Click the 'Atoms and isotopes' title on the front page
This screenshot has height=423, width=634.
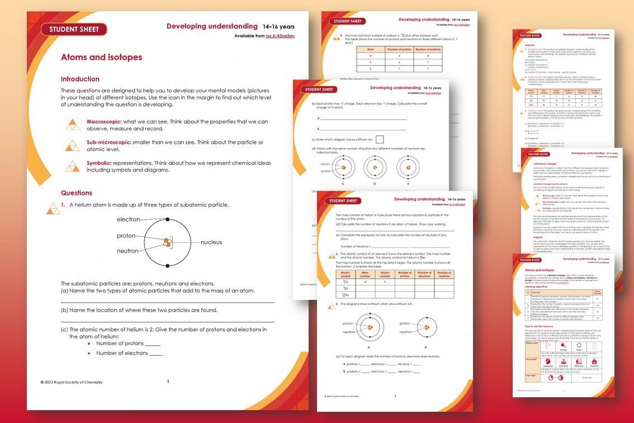pyautogui.click(x=101, y=57)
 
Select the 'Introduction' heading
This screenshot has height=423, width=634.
pyautogui.click(x=80, y=79)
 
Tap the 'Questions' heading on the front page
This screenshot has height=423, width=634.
pyautogui.click(x=77, y=193)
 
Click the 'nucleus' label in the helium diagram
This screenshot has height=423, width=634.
pyautogui.click(x=211, y=242)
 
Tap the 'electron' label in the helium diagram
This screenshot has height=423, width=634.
pyautogui.click(x=128, y=219)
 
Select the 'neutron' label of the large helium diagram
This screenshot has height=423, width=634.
pyautogui.click(x=127, y=251)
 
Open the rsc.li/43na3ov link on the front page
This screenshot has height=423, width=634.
pyautogui.click(x=280, y=36)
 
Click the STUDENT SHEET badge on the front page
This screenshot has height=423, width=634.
pyautogui.click(x=74, y=30)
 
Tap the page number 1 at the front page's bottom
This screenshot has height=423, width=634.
pyautogui.click(x=168, y=382)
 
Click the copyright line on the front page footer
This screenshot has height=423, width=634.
pyautogui.click(x=71, y=382)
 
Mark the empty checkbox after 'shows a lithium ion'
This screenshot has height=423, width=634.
pyautogui.click(x=380, y=139)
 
